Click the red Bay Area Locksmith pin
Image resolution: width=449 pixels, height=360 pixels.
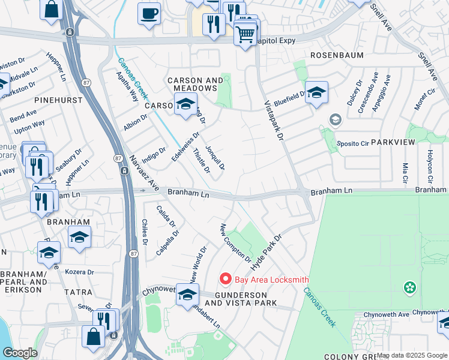225,279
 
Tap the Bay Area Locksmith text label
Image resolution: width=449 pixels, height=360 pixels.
271,280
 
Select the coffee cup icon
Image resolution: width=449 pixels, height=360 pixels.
149,13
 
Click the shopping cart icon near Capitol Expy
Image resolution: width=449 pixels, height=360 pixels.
245,34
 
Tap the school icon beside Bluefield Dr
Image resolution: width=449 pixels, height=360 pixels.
316,93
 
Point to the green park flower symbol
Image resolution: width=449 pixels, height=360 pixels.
411,288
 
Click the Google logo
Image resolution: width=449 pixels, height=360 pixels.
20,352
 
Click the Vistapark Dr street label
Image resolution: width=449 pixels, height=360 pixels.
273,121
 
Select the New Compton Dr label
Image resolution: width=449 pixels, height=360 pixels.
235,243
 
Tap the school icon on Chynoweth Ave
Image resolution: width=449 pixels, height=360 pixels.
187,295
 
